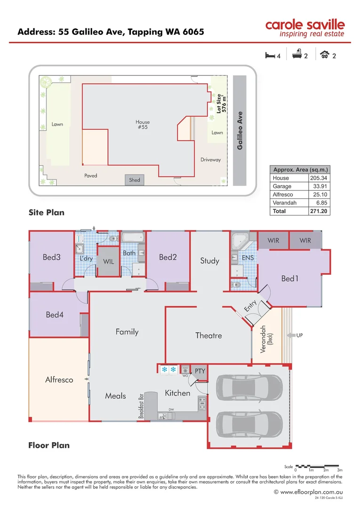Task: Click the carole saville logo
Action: click(x=304, y=28)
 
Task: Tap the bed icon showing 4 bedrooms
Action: click(x=270, y=56)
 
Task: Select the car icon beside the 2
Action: click(x=324, y=56)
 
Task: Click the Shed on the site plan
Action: click(x=135, y=180)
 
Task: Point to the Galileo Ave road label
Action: click(x=240, y=131)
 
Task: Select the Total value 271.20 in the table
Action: click(x=319, y=211)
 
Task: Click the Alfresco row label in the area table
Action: click(x=282, y=194)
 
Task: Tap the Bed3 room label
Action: click(x=51, y=257)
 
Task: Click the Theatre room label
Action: click(x=208, y=335)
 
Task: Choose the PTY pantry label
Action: click(x=200, y=371)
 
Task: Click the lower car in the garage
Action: click(x=249, y=425)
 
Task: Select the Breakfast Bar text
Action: click(x=140, y=406)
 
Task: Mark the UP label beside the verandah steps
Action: click(x=300, y=335)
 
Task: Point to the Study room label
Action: click(x=209, y=261)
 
